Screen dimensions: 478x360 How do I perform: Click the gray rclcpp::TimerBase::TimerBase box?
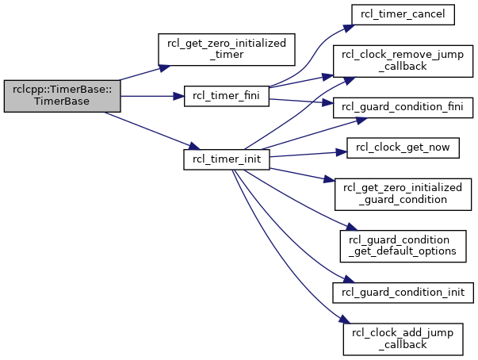coord(62,96)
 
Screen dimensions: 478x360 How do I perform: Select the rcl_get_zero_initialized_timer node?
coord(227,49)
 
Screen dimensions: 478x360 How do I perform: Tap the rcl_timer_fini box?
coord(227,96)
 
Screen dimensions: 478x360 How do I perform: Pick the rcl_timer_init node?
coord(227,159)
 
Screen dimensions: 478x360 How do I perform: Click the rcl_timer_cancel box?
coord(403,14)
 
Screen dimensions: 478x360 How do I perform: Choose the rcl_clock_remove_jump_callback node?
coord(403,61)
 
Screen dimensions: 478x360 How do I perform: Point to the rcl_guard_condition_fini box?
coord(403,108)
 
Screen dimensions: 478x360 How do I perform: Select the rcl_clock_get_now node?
coord(403,147)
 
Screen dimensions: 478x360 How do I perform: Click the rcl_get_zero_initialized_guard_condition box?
coord(403,194)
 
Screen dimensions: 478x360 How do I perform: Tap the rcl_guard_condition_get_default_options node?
coord(403,246)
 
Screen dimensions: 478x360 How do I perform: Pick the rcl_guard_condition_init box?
coord(403,293)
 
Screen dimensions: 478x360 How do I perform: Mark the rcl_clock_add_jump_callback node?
coord(403,339)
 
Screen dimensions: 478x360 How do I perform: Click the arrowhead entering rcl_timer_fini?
coord(179,96)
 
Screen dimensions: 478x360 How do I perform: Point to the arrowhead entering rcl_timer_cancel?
coord(350,28)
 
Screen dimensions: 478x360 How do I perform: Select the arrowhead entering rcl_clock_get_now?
coord(342,152)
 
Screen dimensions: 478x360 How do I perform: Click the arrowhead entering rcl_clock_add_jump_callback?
coord(346,320)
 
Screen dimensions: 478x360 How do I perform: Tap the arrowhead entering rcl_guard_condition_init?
coord(349,279)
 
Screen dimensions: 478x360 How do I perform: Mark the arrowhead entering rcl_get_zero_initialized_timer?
coord(165,67)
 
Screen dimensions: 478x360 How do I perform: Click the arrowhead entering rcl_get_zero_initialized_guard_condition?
coord(329,179)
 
